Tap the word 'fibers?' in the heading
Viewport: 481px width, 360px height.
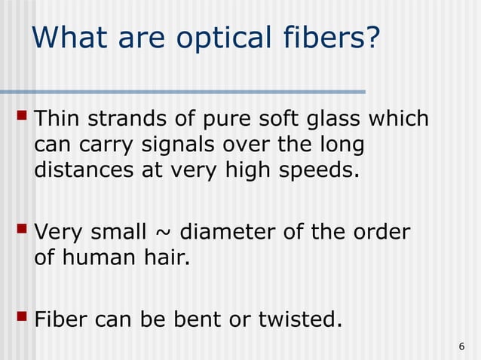tap(332, 38)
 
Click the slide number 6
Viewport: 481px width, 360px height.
tap(461, 346)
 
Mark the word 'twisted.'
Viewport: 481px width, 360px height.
tap(297, 321)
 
